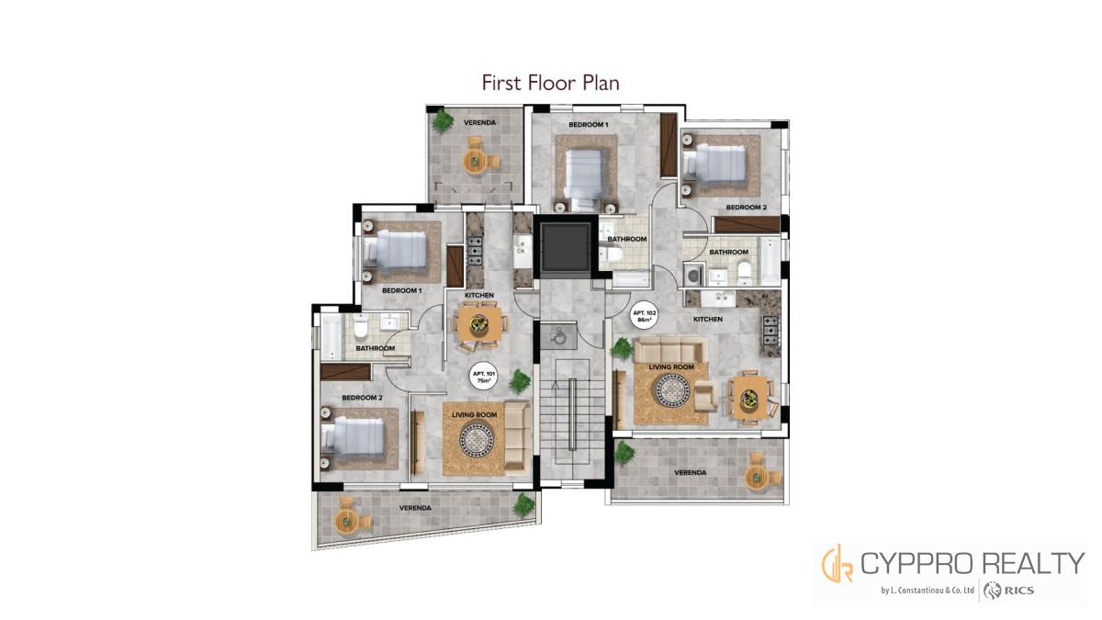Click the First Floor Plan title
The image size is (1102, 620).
[550, 83]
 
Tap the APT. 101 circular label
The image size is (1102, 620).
[484, 378]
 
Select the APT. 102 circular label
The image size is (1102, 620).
[644, 316]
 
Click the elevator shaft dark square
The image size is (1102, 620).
[566, 246]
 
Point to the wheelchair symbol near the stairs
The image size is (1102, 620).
[558, 336]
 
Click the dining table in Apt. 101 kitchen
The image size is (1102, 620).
[479, 324]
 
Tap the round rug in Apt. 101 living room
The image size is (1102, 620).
[477, 439]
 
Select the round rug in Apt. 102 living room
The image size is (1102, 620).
[671, 390]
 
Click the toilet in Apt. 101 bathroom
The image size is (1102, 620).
[361, 326]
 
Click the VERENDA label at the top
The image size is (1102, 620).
[479, 122]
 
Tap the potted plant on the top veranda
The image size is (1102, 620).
[443, 120]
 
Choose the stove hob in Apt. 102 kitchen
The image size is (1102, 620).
[770, 329]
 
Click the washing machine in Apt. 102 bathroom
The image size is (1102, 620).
[693, 275]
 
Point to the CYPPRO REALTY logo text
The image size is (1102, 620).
[973, 563]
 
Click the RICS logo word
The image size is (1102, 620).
[1018, 591]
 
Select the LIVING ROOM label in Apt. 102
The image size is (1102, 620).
[671, 367]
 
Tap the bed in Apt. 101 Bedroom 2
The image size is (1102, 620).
[353, 436]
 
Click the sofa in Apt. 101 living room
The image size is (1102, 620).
[517, 437]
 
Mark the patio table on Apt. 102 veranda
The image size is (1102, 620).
[754, 477]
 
